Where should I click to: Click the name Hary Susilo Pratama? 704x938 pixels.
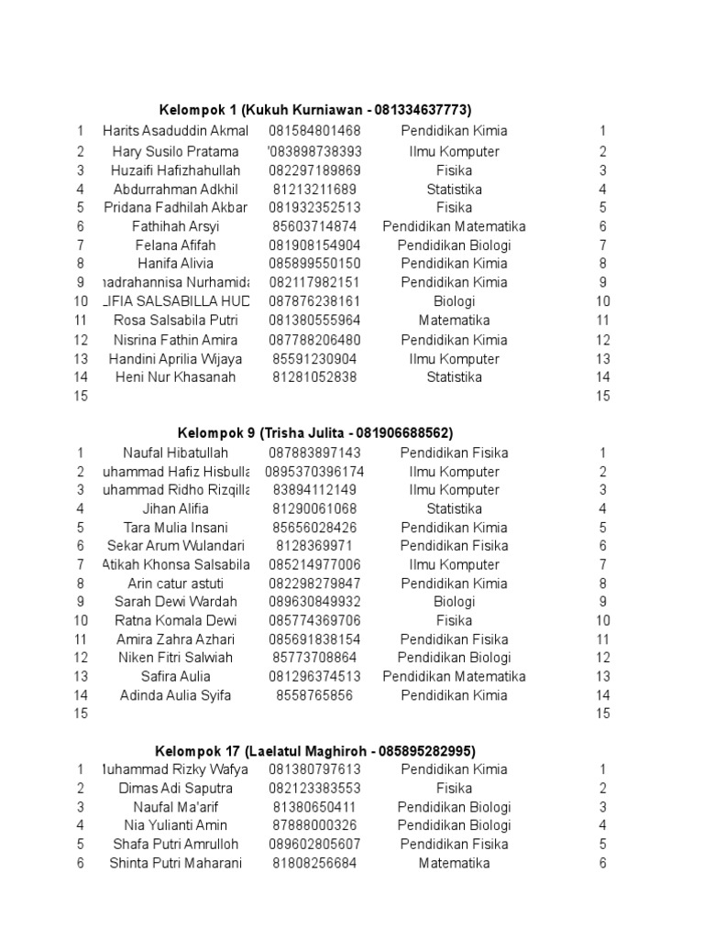(x=175, y=151)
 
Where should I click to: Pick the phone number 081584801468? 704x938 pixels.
(x=314, y=131)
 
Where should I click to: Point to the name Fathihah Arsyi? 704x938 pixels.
(x=175, y=226)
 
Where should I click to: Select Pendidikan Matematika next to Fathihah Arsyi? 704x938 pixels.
(x=454, y=226)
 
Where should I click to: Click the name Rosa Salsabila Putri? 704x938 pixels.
(x=175, y=321)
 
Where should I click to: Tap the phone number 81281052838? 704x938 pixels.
(x=314, y=377)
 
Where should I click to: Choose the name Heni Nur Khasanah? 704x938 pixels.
(x=175, y=377)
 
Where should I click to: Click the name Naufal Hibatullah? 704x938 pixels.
(x=175, y=453)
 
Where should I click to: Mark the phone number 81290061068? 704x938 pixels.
(x=314, y=508)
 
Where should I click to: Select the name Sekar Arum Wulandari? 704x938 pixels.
(x=175, y=546)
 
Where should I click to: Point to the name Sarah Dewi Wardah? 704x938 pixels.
(x=175, y=602)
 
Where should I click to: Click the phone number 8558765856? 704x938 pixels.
(x=314, y=695)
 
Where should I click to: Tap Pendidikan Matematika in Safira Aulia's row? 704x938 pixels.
(x=454, y=677)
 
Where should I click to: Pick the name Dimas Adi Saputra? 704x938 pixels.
(x=175, y=789)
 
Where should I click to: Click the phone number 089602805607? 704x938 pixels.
(x=314, y=845)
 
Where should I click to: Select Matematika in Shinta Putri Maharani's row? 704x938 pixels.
(x=454, y=863)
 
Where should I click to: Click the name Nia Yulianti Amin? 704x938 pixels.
(x=175, y=825)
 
